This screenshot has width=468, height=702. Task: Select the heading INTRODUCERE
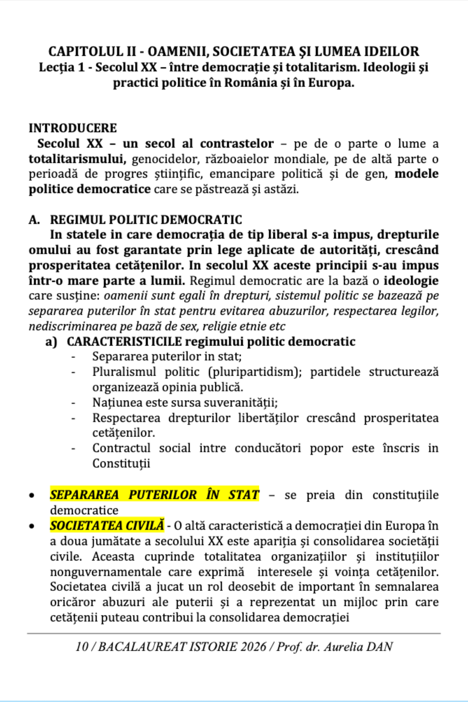73,128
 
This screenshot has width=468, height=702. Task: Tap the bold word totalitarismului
77,159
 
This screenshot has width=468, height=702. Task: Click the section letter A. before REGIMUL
34,220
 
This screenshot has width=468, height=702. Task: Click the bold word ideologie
411,280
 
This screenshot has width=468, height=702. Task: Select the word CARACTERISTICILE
124,342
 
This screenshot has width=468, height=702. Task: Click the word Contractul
121,448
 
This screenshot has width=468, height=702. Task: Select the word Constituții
121,463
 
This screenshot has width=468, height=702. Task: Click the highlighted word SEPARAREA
85,495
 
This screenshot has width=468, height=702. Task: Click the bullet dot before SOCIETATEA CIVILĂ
32,526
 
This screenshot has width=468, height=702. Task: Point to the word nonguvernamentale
105,572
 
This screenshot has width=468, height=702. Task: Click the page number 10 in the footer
82,646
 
